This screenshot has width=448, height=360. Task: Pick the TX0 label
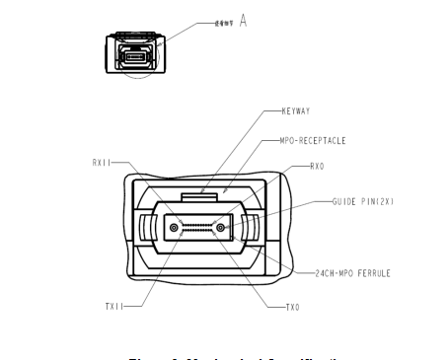pos(292,307)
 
